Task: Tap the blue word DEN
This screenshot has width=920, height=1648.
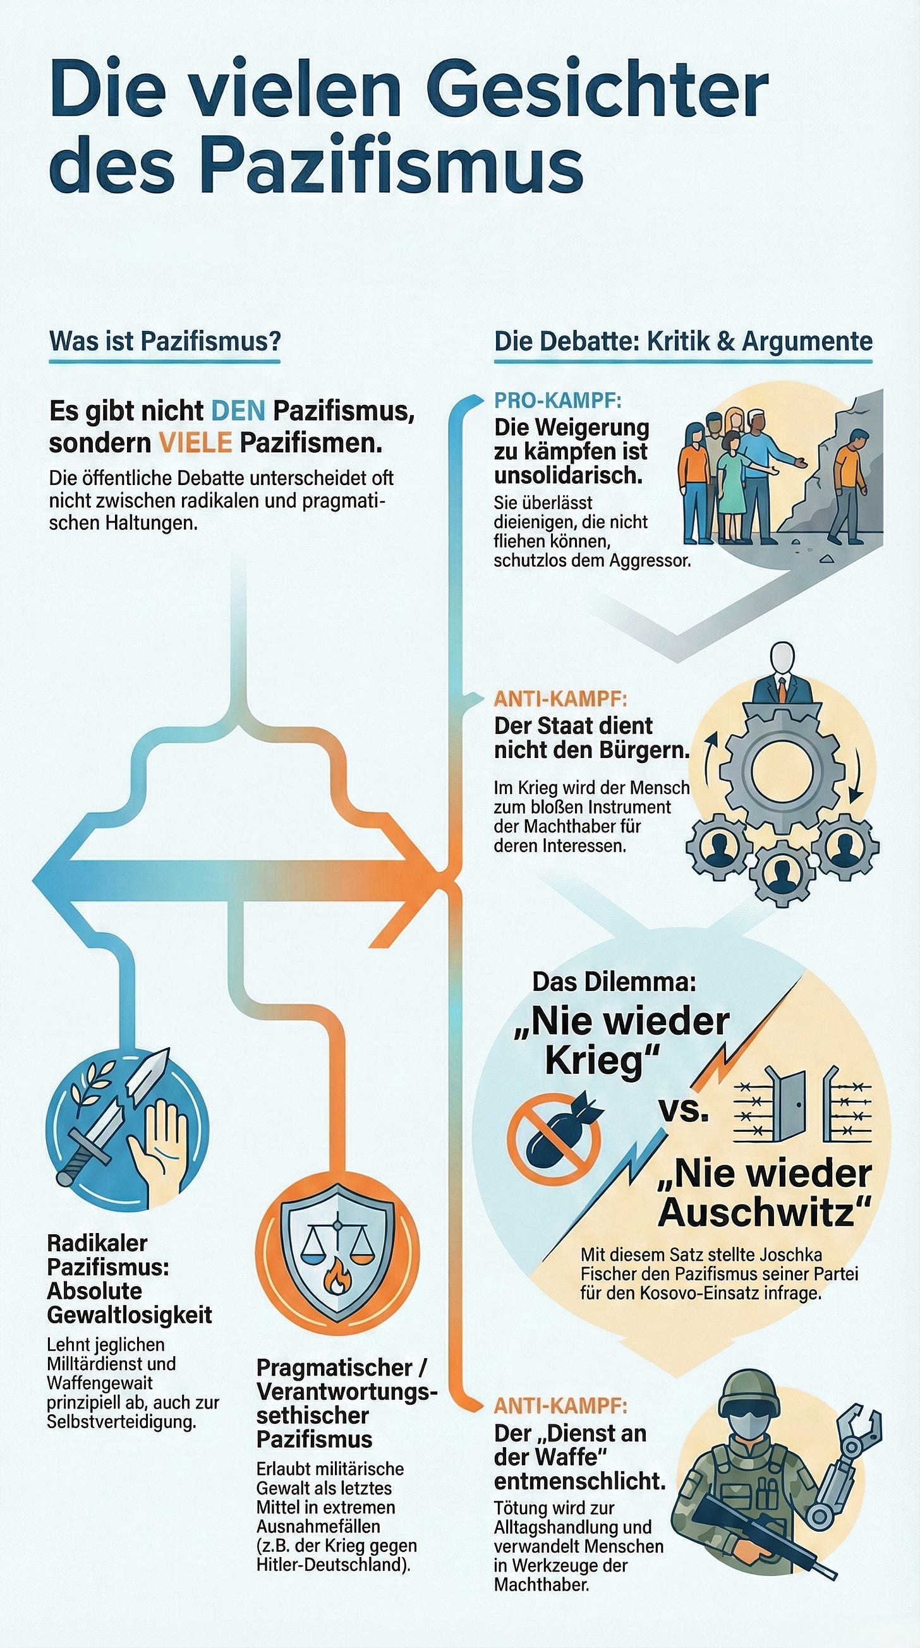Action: [238, 411]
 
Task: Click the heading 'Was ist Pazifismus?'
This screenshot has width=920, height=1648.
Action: [165, 341]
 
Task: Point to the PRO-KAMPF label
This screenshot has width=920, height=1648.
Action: [557, 401]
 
